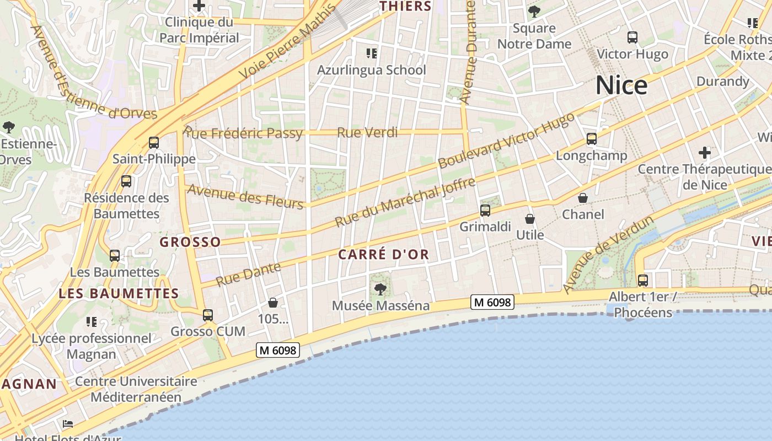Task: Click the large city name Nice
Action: click(x=621, y=85)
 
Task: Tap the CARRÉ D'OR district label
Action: click(x=383, y=255)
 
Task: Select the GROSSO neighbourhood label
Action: click(x=190, y=242)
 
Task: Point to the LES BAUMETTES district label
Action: click(x=119, y=293)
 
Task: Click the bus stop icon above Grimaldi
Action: click(x=485, y=210)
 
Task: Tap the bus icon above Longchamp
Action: click(x=592, y=139)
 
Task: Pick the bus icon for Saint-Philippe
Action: click(x=154, y=143)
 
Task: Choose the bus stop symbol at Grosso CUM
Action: click(x=208, y=315)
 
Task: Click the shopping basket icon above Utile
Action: click(x=530, y=219)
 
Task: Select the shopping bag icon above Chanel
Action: click(x=583, y=198)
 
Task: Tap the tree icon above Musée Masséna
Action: click(x=380, y=289)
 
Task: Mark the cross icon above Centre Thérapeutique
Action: click(x=704, y=153)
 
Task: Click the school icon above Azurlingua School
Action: click(x=372, y=53)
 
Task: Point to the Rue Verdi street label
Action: click(x=367, y=132)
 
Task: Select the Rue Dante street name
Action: click(x=248, y=274)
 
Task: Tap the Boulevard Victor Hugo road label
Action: click(x=506, y=138)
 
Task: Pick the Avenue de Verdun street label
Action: click(x=609, y=254)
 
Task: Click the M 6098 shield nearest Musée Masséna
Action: click(x=492, y=302)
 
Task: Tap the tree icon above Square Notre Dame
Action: click(x=534, y=11)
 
